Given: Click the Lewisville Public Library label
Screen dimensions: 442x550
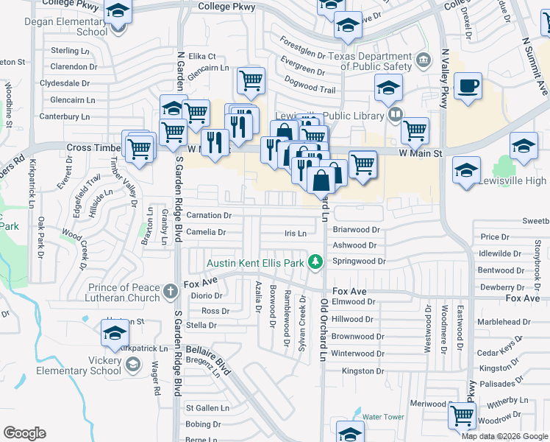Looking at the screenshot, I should (x=329, y=116).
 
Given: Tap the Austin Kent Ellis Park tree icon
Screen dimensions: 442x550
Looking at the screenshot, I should (x=315, y=262).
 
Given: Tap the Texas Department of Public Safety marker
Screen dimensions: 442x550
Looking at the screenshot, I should (x=422, y=60).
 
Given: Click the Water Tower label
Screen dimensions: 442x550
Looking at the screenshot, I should (x=383, y=417).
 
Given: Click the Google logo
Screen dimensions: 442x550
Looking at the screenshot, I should (x=24, y=433).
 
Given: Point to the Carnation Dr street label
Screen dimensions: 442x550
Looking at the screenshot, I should (x=209, y=216).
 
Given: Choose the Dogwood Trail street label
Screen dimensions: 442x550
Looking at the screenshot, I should (x=310, y=88).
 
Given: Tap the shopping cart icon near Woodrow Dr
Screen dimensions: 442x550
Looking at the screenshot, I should (x=463, y=416).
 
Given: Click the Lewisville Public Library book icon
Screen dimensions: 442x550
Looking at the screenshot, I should (x=395, y=114).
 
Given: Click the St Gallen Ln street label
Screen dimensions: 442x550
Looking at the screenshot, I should (x=207, y=407).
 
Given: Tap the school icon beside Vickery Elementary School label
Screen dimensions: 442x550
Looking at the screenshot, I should (x=133, y=364).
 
